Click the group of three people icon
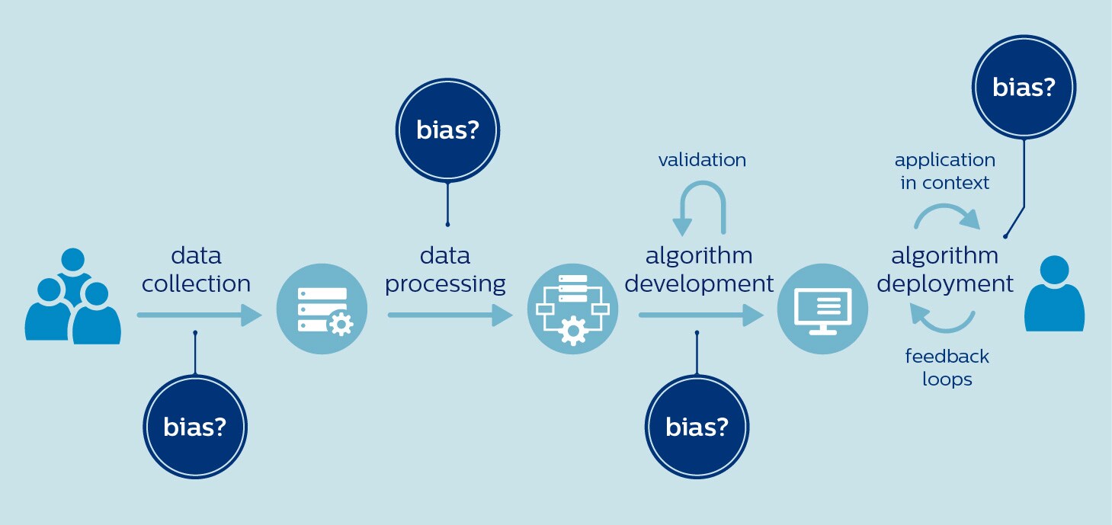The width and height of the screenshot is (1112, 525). pos(72,297)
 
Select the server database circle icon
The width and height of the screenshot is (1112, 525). pos(322,309)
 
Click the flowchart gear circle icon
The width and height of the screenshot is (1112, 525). pos(572,309)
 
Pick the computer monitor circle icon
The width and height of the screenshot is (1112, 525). pos(822,309)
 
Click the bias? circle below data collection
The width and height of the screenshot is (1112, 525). pos(195,427)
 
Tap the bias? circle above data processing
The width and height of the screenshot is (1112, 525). pos(447,130)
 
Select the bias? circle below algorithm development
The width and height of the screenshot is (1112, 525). pos(697,427)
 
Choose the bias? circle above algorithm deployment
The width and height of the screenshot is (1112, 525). pos(1024,88)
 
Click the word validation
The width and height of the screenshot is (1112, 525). pos(702,160)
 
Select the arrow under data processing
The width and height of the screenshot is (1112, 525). pos(450,315)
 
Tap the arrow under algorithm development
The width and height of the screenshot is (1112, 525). pos(700,315)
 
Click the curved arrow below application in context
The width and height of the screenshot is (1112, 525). pos(947,216)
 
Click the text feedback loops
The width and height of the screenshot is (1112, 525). pos(947,367)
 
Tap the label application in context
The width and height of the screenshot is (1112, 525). pos(945,171)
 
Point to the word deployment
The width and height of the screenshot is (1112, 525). pos(945,284)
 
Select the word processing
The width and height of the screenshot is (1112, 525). pos(446,284)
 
